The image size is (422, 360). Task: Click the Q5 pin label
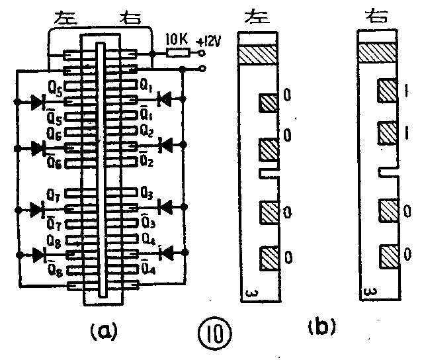coord(56,87)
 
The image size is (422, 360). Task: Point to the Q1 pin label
coord(148,86)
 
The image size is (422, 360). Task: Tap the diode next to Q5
coord(38,102)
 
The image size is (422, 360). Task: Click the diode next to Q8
coord(38,254)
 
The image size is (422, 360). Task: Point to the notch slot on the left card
coord(266,173)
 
